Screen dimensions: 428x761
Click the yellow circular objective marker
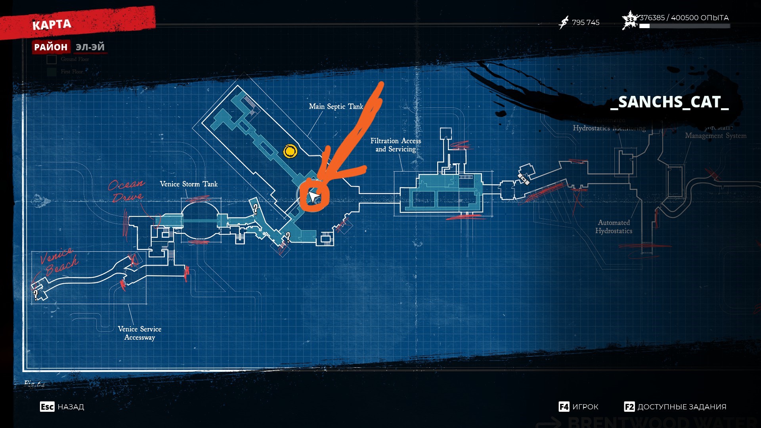pos(290,151)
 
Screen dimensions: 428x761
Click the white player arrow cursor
pos(314,197)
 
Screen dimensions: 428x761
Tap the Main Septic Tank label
pos(336,106)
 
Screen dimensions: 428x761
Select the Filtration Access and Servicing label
pos(396,145)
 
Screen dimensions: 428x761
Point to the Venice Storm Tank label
pos(189,184)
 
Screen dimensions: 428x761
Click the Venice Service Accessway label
pos(140,333)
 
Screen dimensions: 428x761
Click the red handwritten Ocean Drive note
pos(126,191)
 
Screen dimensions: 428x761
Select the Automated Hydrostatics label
pos(614,227)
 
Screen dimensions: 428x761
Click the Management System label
pos(715,136)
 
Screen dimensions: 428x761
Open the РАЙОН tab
pos(51,47)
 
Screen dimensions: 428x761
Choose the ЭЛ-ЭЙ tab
pos(90,47)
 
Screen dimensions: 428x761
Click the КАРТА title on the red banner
pos(52,25)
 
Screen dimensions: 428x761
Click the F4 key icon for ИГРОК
pos(564,407)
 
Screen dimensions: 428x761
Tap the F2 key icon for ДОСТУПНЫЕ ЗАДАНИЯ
pos(629,407)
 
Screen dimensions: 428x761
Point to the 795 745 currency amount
pos(585,23)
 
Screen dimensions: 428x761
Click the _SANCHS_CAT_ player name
pos(669,102)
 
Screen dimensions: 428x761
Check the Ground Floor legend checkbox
pos(52,59)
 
